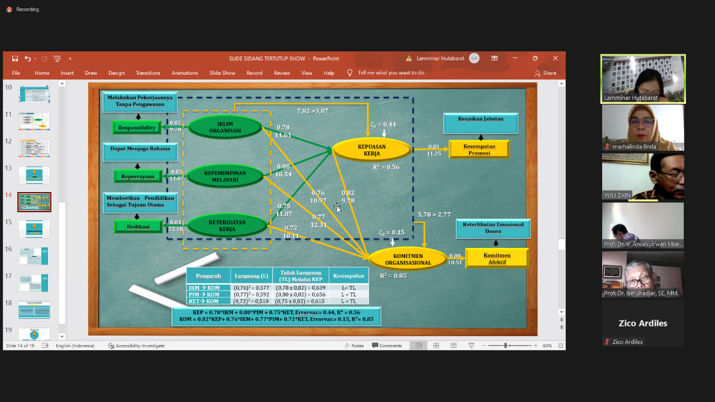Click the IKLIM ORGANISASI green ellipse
(225, 127)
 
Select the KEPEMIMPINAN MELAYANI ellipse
(225, 176)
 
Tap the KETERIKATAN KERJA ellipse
(227, 226)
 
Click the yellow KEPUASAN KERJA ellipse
(371, 150)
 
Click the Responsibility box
(137, 128)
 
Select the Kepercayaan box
(137, 176)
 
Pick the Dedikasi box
(137, 226)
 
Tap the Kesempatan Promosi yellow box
(479, 149)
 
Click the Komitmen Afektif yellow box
(497, 258)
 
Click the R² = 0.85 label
(393, 276)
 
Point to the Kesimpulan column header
(349, 275)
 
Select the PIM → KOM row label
(204, 294)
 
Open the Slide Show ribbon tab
(222, 73)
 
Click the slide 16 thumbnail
(34, 256)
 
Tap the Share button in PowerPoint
(545, 73)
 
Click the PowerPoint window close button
(555, 59)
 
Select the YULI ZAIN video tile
(643, 176)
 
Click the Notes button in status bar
(354, 346)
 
